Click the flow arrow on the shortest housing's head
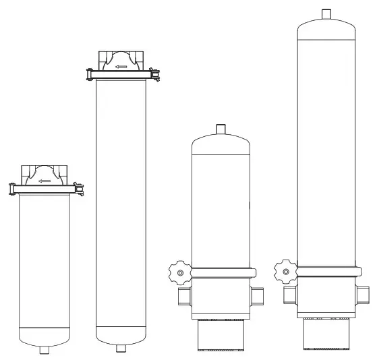(45, 181)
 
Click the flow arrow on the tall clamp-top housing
(122, 67)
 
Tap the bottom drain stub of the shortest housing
(45, 350)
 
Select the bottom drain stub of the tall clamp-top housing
(122, 349)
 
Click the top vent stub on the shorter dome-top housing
(221, 129)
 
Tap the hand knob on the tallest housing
(285, 271)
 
